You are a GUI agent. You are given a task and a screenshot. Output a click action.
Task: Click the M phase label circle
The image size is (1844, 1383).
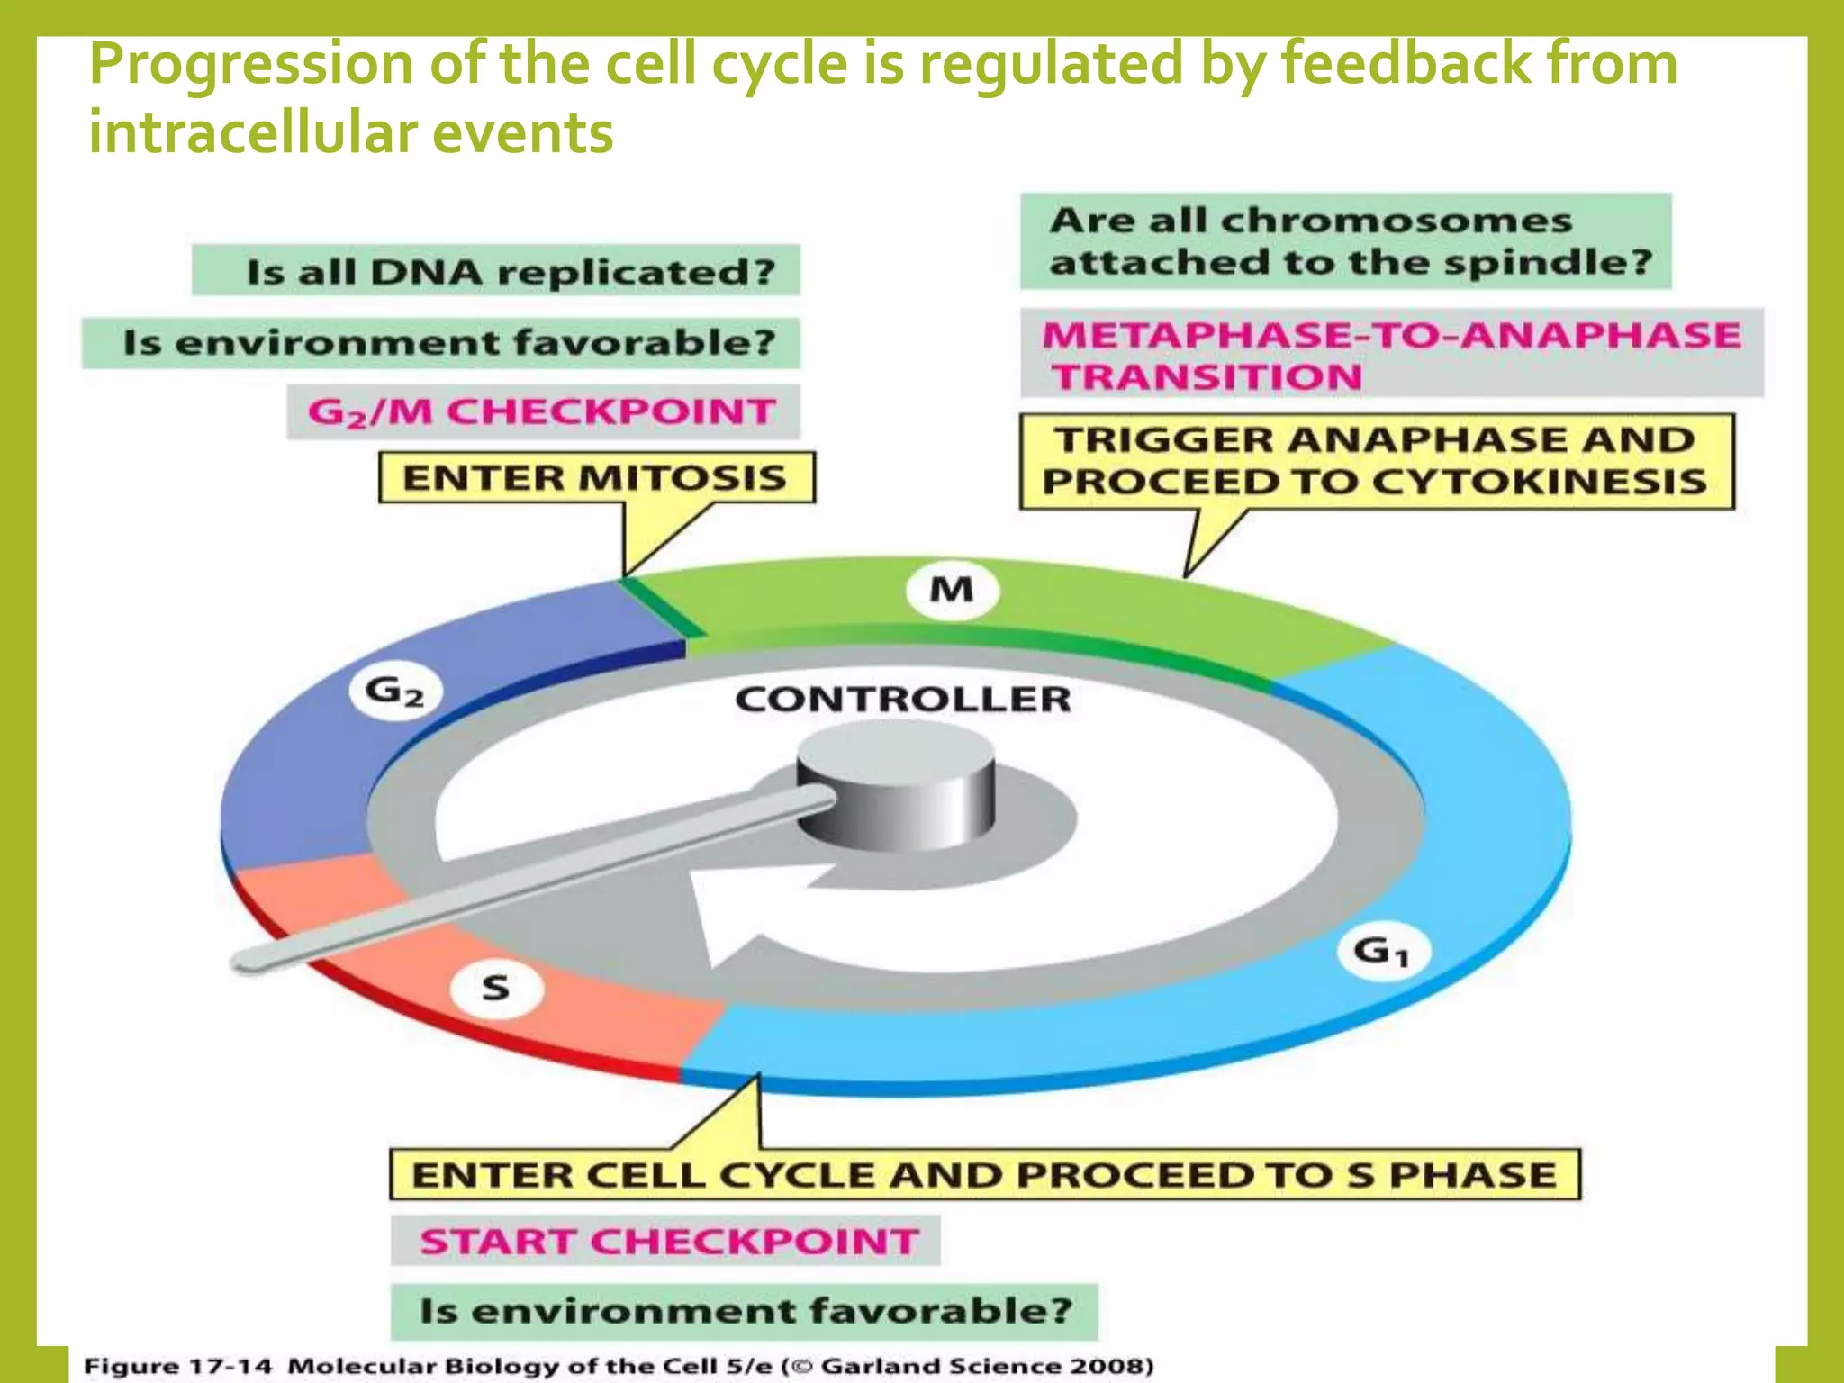pyautogui.click(x=952, y=591)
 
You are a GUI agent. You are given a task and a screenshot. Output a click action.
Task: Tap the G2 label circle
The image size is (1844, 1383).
pyautogui.click(x=395, y=691)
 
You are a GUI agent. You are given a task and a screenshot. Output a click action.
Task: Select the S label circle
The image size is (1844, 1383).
pyautogui.click(x=496, y=989)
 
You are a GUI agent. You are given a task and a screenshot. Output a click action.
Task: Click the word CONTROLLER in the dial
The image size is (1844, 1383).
pyautogui.click(x=902, y=700)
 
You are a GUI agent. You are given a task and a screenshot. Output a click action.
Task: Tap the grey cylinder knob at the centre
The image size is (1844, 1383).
pyautogui.click(x=897, y=788)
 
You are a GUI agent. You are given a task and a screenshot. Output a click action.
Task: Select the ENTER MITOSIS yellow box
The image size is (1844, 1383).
pyautogui.click(x=596, y=477)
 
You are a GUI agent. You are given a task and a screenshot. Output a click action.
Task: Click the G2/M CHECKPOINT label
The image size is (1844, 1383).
pyautogui.click(x=543, y=411)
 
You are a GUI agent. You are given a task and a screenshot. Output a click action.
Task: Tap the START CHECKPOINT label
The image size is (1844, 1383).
pyautogui.click(x=666, y=1241)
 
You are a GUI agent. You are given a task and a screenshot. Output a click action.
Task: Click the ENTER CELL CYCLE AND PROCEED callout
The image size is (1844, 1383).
pyautogui.click(x=984, y=1174)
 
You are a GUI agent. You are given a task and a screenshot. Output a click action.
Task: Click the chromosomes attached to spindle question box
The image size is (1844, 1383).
pyautogui.click(x=1346, y=241)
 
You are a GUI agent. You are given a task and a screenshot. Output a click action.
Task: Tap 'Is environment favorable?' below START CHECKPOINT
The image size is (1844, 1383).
pyautogui.click(x=745, y=1310)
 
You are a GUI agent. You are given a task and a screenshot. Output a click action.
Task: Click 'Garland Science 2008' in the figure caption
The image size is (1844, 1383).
pyautogui.click(x=986, y=1366)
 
